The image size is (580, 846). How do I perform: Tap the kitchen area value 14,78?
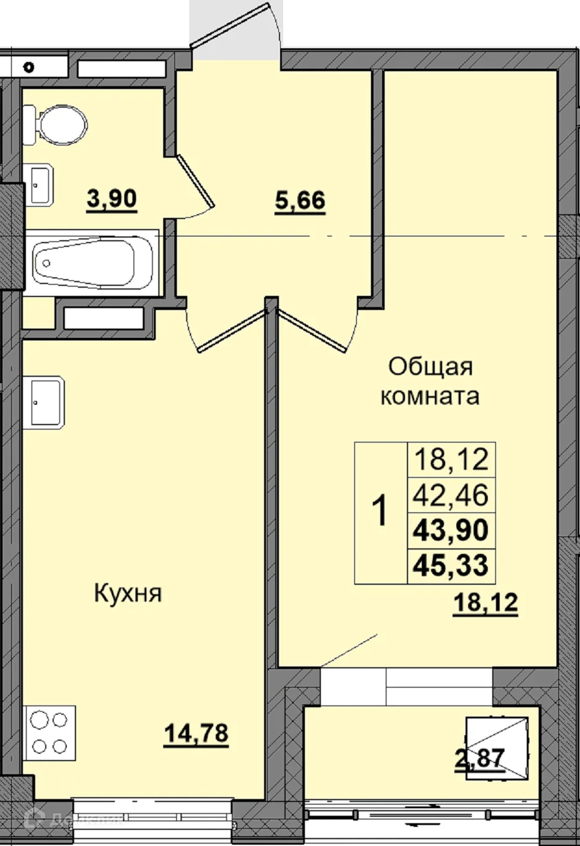(x=196, y=733)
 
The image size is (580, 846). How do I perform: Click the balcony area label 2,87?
(x=480, y=758)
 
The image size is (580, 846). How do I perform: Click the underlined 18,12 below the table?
(x=485, y=602)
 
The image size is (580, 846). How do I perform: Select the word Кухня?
(x=128, y=593)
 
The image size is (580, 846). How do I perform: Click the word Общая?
(x=430, y=366)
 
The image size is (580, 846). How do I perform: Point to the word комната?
(x=430, y=396)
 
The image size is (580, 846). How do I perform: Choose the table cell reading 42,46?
(x=451, y=495)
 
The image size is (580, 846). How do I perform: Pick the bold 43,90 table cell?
(x=451, y=530)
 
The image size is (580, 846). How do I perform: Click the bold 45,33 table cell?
(x=451, y=566)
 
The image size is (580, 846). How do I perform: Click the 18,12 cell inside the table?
(x=451, y=460)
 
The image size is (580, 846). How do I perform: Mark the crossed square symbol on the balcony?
(x=497, y=748)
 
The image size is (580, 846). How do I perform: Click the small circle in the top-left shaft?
(x=29, y=67)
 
